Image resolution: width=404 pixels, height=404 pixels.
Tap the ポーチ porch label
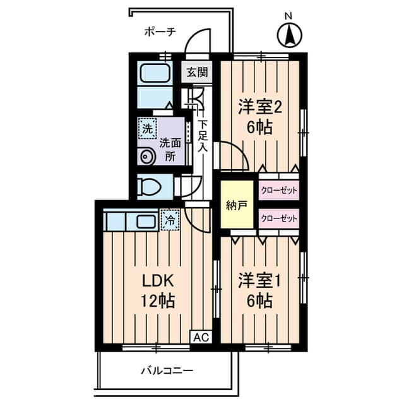point(159,31)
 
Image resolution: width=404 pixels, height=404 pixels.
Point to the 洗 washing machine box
point(146,128)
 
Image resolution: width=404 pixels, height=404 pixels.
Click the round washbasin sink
point(147,155)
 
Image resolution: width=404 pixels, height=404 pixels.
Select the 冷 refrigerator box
point(170,220)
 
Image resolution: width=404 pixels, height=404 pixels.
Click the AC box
point(200,337)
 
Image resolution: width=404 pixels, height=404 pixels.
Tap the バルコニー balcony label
point(167,371)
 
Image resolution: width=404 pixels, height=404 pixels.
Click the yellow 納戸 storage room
point(235,204)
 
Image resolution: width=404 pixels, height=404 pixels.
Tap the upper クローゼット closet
point(278,189)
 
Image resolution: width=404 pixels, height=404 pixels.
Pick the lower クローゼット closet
point(278,218)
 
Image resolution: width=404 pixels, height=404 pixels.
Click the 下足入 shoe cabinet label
point(202,136)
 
